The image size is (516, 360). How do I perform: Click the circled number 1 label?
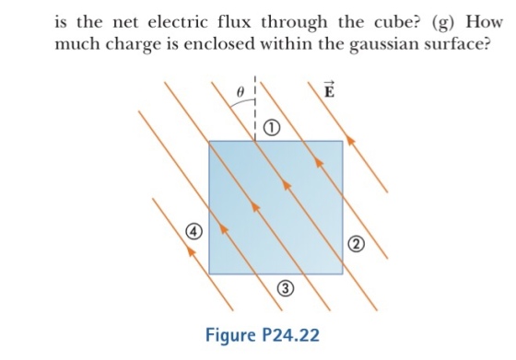[272, 128]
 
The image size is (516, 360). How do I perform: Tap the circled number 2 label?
[356, 244]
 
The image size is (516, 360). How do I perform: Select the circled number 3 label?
[286, 288]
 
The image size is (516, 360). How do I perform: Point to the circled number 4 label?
[194, 231]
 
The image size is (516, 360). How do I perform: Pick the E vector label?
[329, 90]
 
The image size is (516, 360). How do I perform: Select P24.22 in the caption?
[290, 335]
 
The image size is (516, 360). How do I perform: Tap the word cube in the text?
[397, 23]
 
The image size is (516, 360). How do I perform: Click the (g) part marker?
[443, 23]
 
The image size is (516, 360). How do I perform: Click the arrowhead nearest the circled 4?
[191, 250]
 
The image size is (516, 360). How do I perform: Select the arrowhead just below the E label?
[351, 140]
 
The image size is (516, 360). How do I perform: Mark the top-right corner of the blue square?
[343, 141]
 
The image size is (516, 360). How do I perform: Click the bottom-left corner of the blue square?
[209, 273]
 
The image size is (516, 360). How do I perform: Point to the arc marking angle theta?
[243, 101]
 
